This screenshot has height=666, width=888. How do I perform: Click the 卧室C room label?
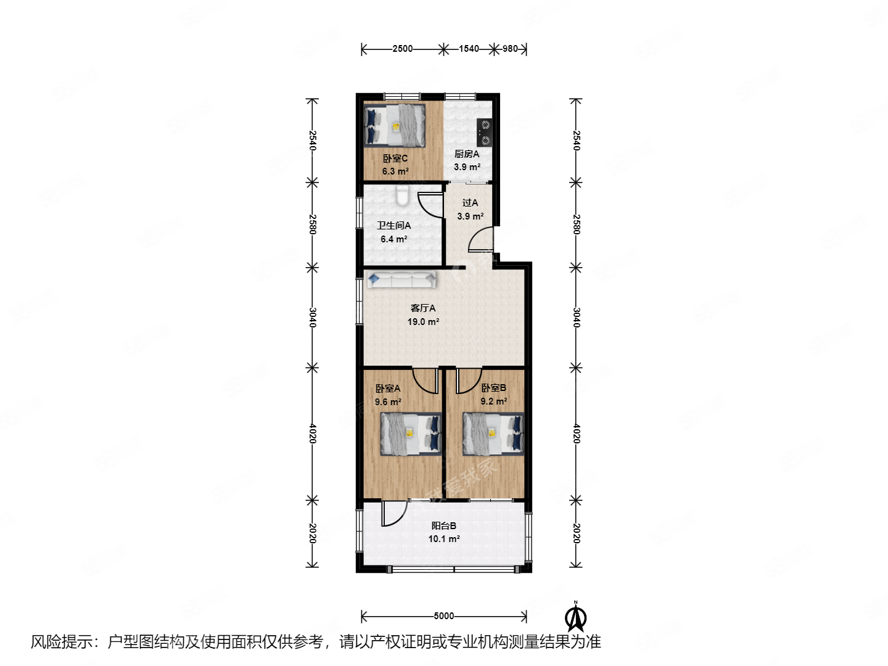[395, 158]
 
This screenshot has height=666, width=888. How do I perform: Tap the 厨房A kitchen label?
[467, 154]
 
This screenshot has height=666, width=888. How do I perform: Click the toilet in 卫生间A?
[403, 196]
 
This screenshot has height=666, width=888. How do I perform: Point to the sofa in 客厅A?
[401, 279]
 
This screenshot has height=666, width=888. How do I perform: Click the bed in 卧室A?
[411, 434]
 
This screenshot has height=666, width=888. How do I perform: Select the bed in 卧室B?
[493, 434]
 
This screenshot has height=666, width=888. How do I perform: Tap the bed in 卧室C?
[395, 126]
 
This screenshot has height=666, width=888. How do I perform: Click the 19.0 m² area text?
[423, 322]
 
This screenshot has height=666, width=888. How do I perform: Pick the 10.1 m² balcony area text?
[444, 539]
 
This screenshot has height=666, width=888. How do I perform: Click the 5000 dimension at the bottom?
[444, 616]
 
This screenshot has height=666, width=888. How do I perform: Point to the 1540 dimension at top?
[469, 49]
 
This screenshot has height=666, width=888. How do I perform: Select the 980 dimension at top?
[510, 49]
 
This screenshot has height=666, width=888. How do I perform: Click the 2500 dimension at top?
[402, 49]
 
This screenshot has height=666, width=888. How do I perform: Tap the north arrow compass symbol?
[575, 618]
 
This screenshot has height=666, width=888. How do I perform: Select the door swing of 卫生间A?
[430, 205]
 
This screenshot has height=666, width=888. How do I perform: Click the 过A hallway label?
[470, 203]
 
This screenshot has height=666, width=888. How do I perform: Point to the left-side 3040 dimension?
[313, 318]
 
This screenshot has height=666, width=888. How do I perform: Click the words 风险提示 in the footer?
[62, 642]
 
